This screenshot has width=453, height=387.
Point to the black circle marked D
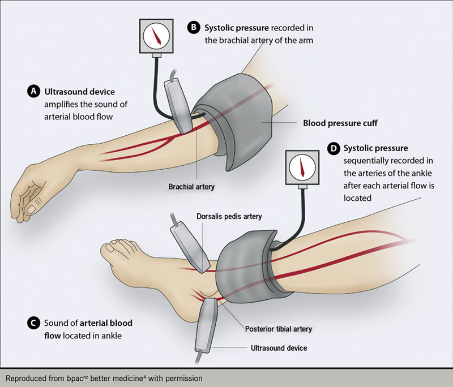tap(334, 148)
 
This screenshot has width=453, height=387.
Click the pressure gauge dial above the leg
tap(300, 166)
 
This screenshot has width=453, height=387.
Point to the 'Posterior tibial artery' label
tap(279, 329)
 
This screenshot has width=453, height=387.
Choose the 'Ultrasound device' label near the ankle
tap(279, 348)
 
